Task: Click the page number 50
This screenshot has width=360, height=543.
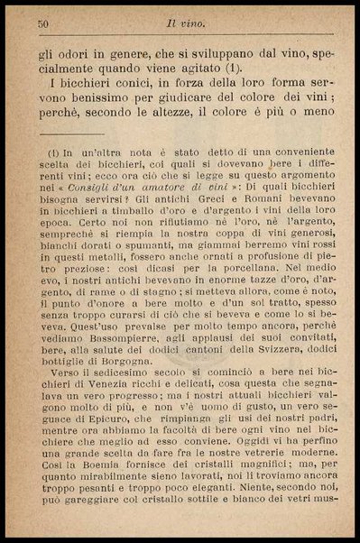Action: (42, 24)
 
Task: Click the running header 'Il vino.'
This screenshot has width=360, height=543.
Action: (192, 24)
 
